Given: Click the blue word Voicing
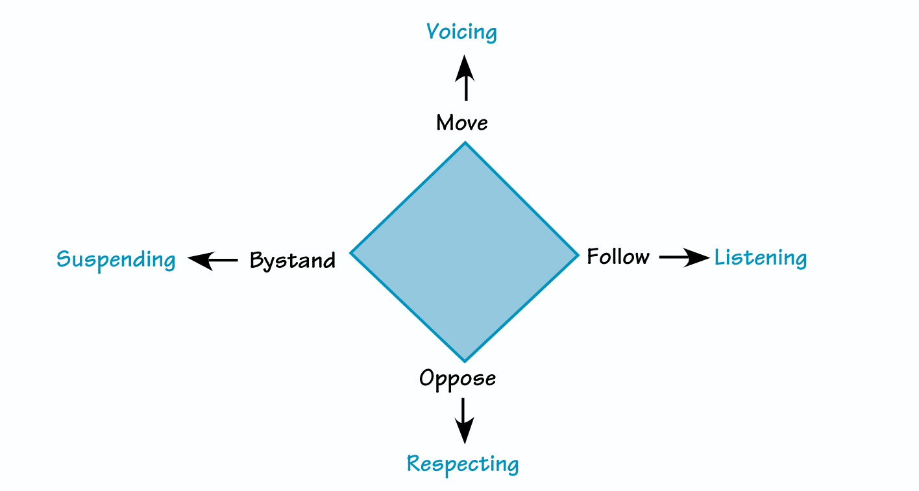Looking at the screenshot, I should (x=461, y=32).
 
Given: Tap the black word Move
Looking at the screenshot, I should (x=461, y=123).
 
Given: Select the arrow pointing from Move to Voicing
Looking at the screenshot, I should (x=465, y=78).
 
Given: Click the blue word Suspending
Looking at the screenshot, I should (x=116, y=260).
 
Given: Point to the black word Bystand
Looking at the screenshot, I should (x=293, y=261).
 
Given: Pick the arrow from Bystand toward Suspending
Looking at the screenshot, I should (x=213, y=260).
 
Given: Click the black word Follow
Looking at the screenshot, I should (x=618, y=257).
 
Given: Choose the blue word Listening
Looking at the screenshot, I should (x=761, y=258).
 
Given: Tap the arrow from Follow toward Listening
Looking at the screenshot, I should (x=684, y=257).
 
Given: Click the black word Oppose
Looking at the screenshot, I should (x=458, y=378).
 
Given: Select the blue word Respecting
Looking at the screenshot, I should (x=463, y=464).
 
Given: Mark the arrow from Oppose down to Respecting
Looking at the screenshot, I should (x=464, y=420).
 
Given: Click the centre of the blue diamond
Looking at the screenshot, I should (x=464, y=252).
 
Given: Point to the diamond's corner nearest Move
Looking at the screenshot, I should (x=465, y=143).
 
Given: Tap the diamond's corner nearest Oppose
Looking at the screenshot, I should (x=465, y=361).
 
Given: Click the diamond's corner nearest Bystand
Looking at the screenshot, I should (x=352, y=252).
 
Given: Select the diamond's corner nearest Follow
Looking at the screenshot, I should (x=577, y=255).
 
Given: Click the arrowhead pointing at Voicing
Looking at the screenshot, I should (x=465, y=67).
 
